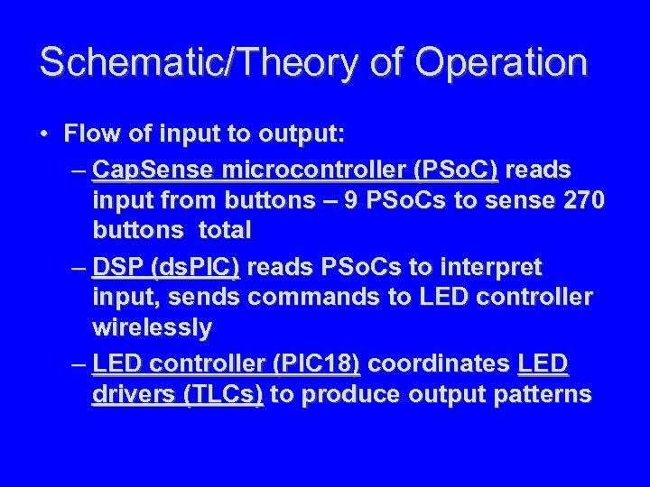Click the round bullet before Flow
[x=44, y=135]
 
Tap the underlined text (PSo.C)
[x=455, y=170]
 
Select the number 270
[x=578, y=200]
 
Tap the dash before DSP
[x=79, y=268]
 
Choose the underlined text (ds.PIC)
[x=196, y=268]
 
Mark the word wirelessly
[x=152, y=328]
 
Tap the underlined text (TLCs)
[x=223, y=395]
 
